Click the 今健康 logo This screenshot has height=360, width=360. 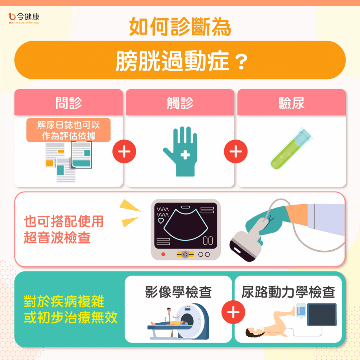(x=24, y=18)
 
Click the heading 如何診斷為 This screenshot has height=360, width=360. (x=180, y=27)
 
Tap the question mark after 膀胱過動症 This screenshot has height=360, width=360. (x=242, y=62)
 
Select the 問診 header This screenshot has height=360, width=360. (x=69, y=103)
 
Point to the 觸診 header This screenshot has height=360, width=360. (x=180, y=103)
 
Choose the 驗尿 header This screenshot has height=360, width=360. (x=291, y=103)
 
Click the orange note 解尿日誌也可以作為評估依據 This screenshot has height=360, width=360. (x=69, y=130)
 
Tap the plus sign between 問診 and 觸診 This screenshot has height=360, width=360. (x=124, y=152)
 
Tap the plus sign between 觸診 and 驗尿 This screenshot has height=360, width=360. (x=236, y=152)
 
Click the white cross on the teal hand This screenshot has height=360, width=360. (x=185, y=155)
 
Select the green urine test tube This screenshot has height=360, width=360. (x=291, y=149)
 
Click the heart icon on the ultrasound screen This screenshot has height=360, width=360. (x=161, y=221)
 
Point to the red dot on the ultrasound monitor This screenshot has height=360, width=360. (x=163, y=254)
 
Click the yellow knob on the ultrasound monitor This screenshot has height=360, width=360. (x=185, y=255)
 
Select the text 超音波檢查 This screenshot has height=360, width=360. (x=57, y=238)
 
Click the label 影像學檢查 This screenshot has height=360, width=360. (x=178, y=292)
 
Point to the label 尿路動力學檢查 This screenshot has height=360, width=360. (x=288, y=292)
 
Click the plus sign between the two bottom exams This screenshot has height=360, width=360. (x=233, y=312)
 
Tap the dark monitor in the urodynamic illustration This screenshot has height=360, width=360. (x=322, y=315)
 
